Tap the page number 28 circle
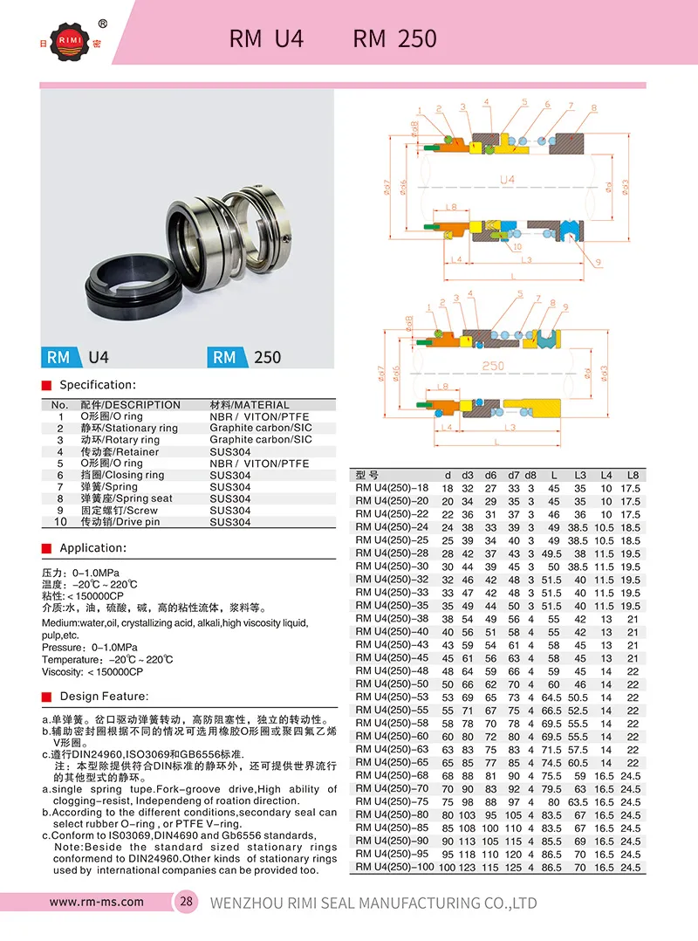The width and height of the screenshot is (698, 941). click(x=187, y=902)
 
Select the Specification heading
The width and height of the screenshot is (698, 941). click(x=98, y=385)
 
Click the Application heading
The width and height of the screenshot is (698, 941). click(x=93, y=548)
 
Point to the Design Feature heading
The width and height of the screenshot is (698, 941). click(x=104, y=697)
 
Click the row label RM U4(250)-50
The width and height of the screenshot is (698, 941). click(x=393, y=683)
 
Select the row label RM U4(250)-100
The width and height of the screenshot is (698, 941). click(x=394, y=867)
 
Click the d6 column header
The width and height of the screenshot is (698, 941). click(x=491, y=475)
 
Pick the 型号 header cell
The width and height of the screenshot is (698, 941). click(x=368, y=475)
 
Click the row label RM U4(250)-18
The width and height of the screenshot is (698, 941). click(x=393, y=488)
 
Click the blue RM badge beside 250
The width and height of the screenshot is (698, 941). click(x=225, y=357)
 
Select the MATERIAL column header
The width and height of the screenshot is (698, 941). click(x=250, y=405)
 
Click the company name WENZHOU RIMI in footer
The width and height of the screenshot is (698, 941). click(x=374, y=903)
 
